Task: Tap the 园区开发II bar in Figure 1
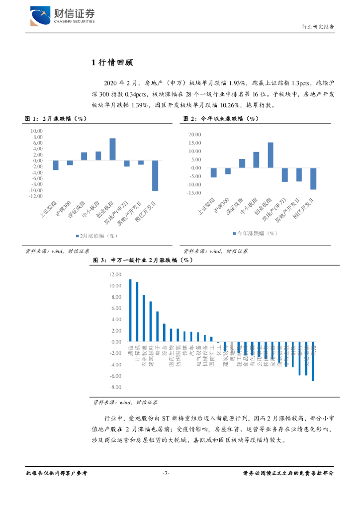[155, 175]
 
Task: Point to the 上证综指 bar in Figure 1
[56, 165]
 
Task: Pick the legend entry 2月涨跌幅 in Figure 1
[96, 236]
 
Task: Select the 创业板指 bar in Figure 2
[270, 155]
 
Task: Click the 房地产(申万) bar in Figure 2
[285, 174]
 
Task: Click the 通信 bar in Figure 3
[130, 311]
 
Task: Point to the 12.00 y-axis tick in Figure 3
[115, 274]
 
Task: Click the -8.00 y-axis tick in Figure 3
[115, 387]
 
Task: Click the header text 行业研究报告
[318, 27]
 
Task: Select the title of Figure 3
[143, 260]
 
